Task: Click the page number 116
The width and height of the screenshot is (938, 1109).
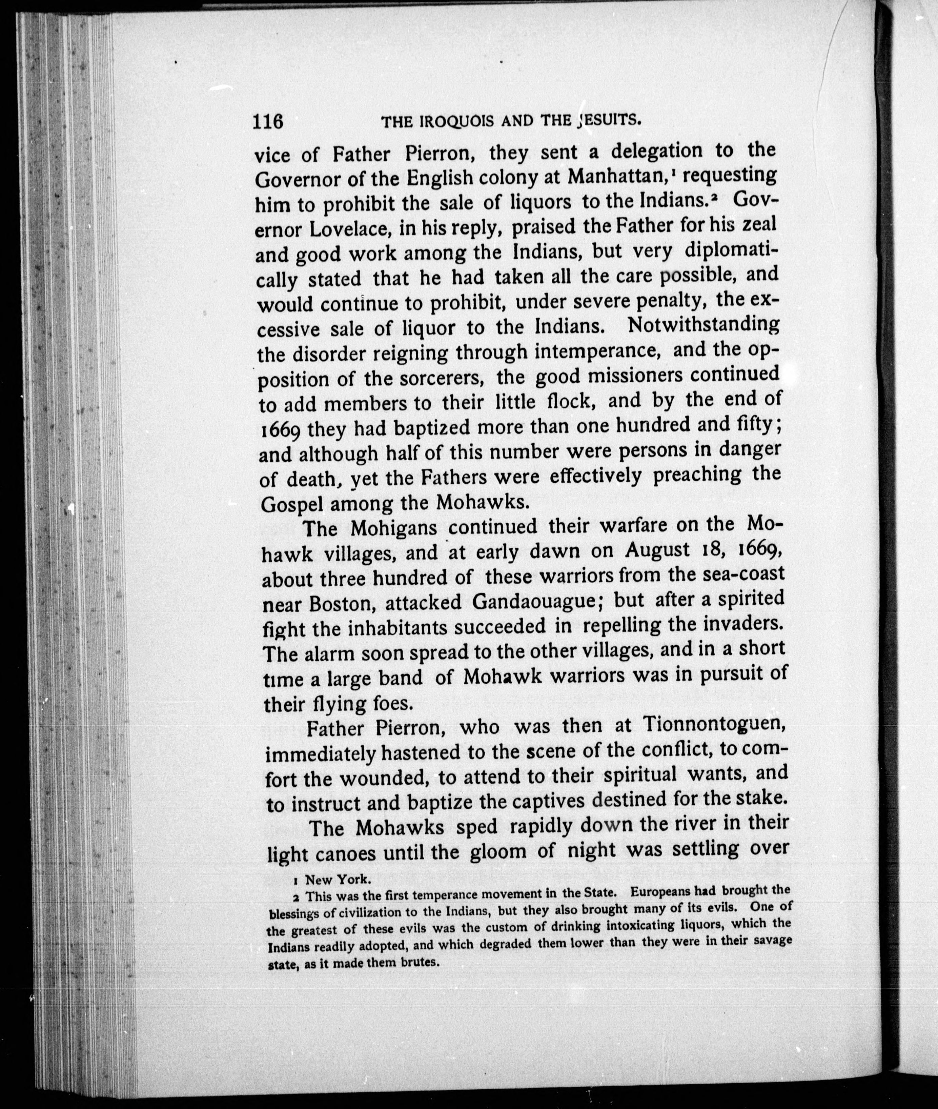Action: [x=268, y=121]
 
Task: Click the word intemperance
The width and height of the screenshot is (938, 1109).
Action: [x=597, y=351]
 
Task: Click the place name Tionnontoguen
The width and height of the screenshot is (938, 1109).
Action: [x=714, y=724]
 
